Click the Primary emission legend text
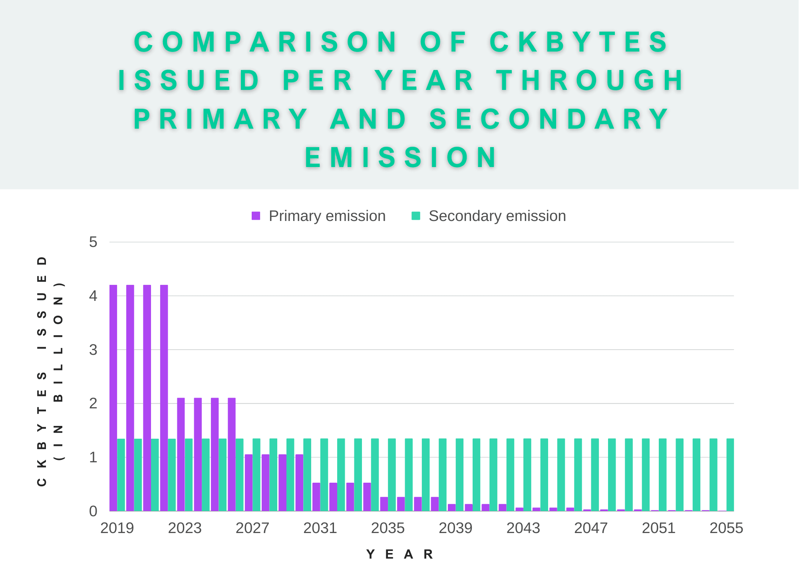pyautogui.click(x=327, y=216)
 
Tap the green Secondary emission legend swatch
pyautogui.click(x=416, y=216)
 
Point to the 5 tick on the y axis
pyautogui.click(x=93, y=242)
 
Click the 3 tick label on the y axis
pyautogui.click(x=93, y=350)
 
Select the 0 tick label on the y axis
pyautogui.click(x=93, y=511)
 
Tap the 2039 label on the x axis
pyautogui.click(x=455, y=528)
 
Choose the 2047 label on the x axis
pyautogui.click(x=591, y=528)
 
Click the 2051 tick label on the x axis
pyautogui.click(x=658, y=528)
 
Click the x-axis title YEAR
pyautogui.click(x=399, y=554)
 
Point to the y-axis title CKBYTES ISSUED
pyautogui.click(x=42, y=372)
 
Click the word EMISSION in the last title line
pyautogui.click(x=401, y=157)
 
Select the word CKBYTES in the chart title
pyautogui.click(x=579, y=42)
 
